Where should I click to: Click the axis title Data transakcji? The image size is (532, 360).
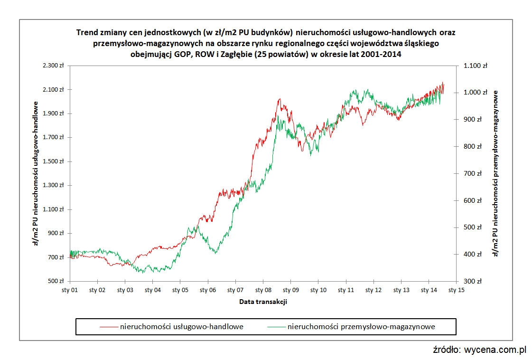[262, 302]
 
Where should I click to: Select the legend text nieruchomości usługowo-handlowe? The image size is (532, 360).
[182, 327]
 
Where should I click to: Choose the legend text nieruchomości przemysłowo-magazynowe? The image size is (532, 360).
[361, 327]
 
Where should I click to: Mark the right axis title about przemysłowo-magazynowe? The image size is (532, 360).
[495, 173]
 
